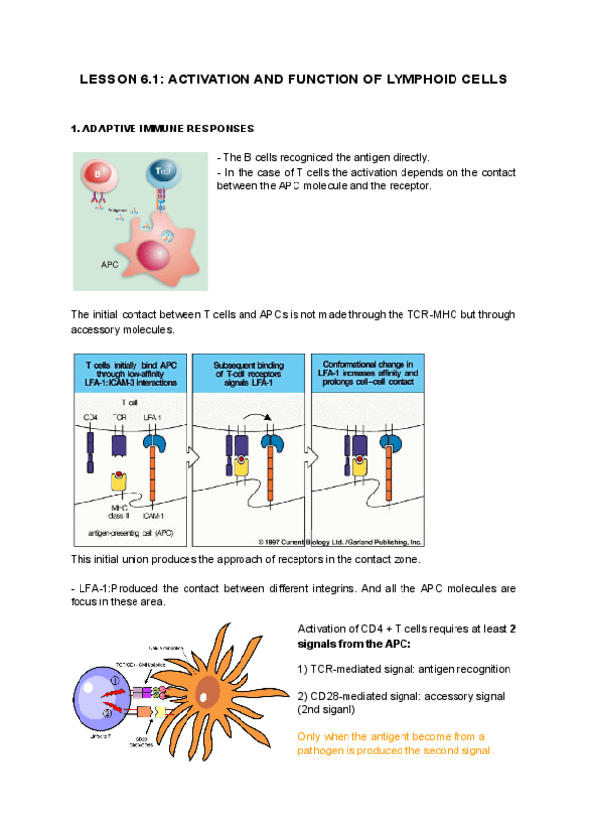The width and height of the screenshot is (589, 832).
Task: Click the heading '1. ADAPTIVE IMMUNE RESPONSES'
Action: click(x=162, y=129)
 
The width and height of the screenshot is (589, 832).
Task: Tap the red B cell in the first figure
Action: click(x=98, y=176)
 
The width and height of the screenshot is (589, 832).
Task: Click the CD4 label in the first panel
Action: click(x=89, y=418)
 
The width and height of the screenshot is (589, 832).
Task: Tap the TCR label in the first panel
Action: click(x=119, y=418)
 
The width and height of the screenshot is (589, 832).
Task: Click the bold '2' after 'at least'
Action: click(x=513, y=628)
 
